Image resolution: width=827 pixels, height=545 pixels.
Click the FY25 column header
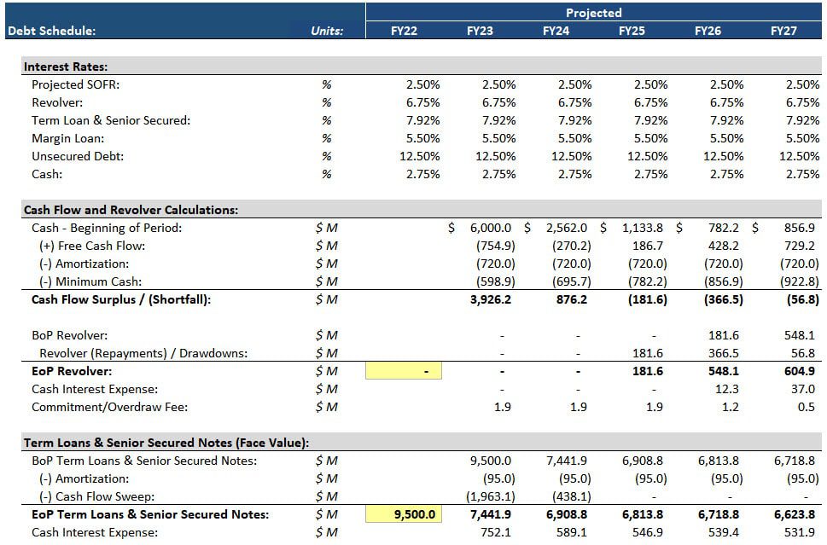[632, 31]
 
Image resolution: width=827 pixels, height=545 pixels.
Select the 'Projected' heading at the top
[594, 13]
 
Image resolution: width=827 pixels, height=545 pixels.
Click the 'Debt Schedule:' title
[51, 31]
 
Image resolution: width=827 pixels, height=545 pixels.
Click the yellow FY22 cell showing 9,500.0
[404, 514]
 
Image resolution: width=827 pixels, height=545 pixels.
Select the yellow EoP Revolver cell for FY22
[404, 371]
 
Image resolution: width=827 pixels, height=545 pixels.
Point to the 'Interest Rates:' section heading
[66, 67]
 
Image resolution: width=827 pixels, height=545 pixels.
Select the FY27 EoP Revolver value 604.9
[798, 371]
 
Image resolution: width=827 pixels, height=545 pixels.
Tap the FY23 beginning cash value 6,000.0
[490, 228]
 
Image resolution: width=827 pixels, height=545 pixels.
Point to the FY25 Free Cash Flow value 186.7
[645, 246]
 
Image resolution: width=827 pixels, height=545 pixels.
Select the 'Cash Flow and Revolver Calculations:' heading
[131, 210]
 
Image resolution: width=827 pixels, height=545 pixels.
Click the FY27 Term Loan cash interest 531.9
[799, 532]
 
